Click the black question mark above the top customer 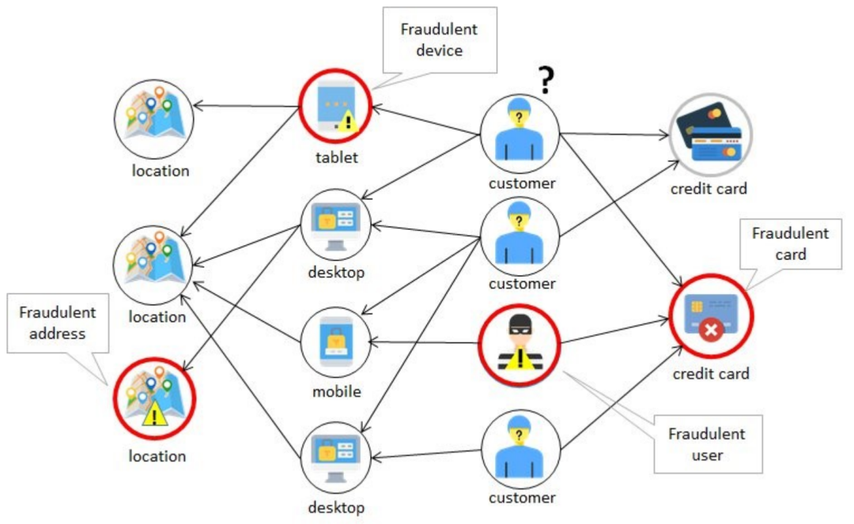[545, 80]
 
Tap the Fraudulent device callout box [439, 40]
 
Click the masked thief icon [520, 345]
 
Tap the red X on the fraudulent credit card [709, 330]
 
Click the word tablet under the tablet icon [337, 157]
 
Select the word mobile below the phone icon [337, 391]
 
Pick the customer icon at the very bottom [520, 449]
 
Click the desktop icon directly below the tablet [336, 228]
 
